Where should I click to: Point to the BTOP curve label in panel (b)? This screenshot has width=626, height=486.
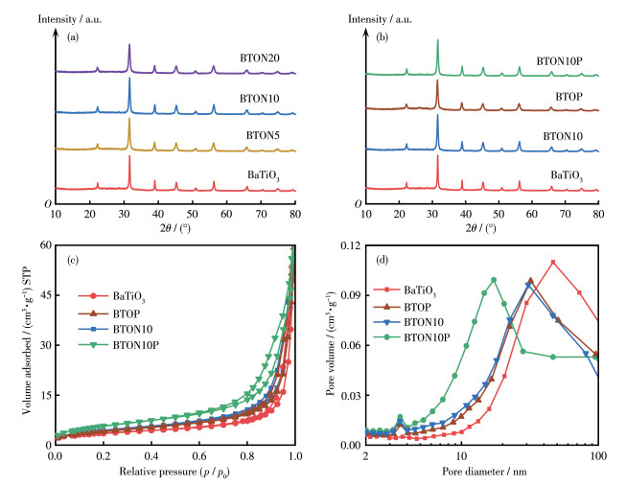[x=569, y=98]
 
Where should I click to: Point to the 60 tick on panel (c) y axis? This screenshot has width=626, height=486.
[x=43, y=245]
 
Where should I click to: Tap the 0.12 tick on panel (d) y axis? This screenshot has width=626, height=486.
[x=350, y=245]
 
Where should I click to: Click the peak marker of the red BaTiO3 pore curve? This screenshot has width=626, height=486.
[x=552, y=262]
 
